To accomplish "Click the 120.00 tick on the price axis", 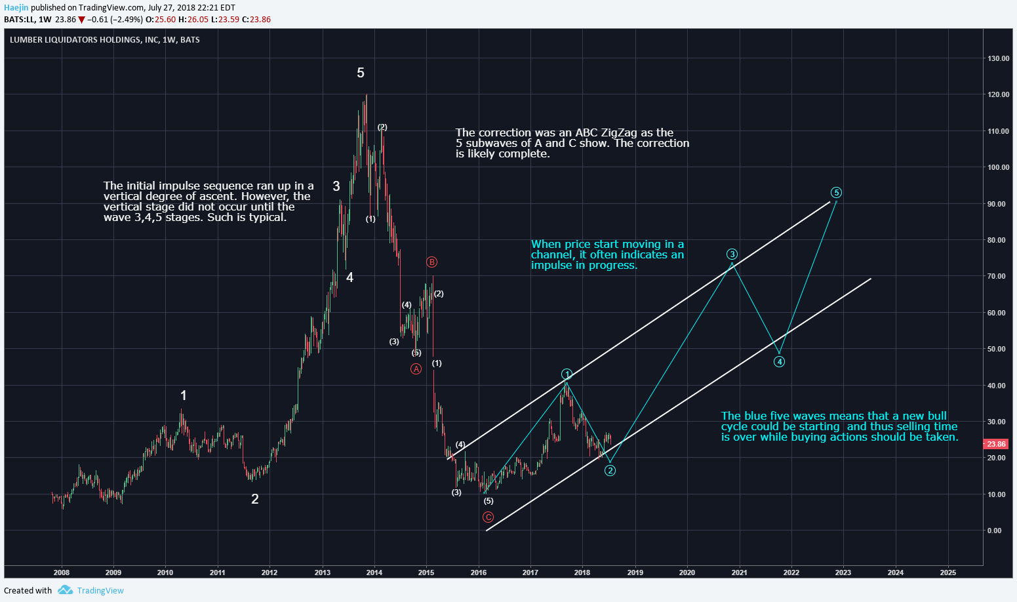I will tap(999, 95).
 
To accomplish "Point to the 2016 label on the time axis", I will tap(479, 572).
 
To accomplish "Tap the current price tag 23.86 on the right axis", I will tap(995, 444).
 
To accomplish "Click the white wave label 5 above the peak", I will tap(361, 73).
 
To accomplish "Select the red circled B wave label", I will tap(431, 262).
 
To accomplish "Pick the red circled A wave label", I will tap(416, 369).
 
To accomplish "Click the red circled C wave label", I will tap(489, 517).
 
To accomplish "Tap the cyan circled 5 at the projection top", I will tap(836, 193).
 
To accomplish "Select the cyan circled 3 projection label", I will tap(732, 254).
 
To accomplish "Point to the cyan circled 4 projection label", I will tap(779, 362).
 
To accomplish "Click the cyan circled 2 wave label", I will tap(610, 470).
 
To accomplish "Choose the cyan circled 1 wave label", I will tap(567, 374).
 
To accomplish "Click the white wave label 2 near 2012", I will tap(255, 499).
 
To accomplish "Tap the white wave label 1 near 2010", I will tap(184, 395).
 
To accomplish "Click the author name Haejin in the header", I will tap(16, 8).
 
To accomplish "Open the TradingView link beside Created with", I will tap(100, 590).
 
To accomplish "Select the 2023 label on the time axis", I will tap(843, 572).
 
